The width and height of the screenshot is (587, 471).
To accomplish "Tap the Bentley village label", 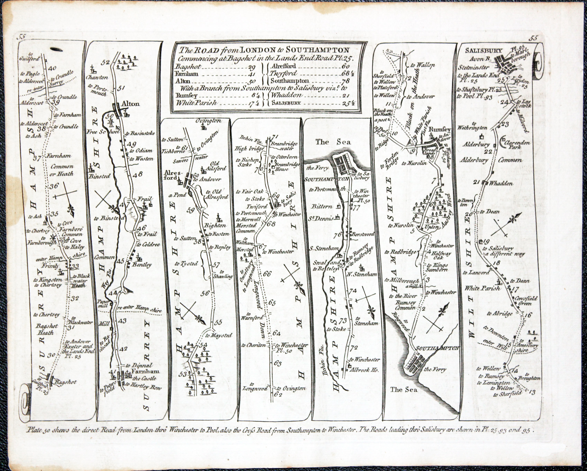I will (x=142, y=265).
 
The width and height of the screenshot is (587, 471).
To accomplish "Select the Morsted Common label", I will (x=247, y=228).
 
